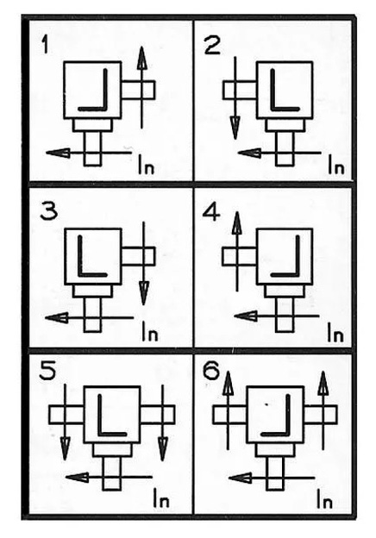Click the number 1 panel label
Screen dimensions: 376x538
click(x=45, y=46)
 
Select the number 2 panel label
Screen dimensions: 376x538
click(x=212, y=46)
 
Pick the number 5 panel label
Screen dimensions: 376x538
click(x=47, y=371)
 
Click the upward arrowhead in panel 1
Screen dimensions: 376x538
click(x=141, y=58)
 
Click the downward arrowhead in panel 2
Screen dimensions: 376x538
click(x=235, y=128)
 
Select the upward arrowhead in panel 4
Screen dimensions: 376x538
click(x=236, y=223)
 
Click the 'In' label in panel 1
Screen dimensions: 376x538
click(x=147, y=165)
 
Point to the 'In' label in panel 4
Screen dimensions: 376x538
click(x=335, y=333)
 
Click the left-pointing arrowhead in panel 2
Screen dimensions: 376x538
click(x=249, y=153)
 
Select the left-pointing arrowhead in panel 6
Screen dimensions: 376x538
click(x=240, y=478)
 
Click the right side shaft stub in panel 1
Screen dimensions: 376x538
click(x=138, y=90)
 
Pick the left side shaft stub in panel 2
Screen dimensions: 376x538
click(x=240, y=90)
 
